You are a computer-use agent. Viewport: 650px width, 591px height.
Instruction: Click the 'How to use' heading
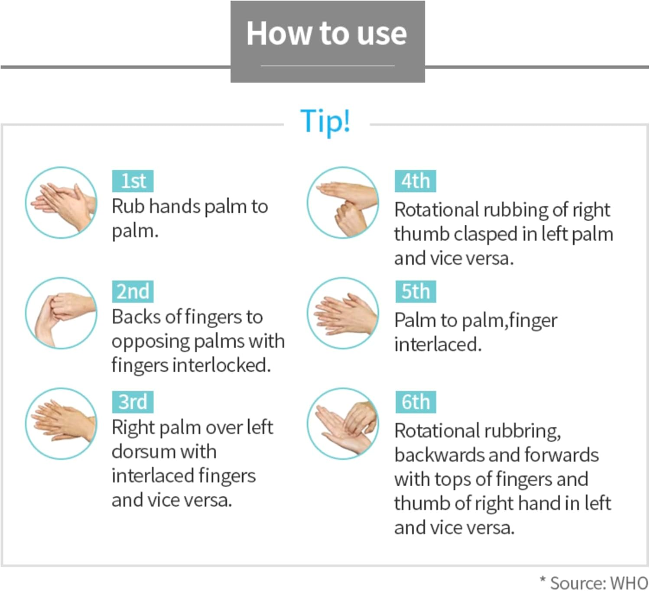[327, 33]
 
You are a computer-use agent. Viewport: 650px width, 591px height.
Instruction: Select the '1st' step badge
[133, 181]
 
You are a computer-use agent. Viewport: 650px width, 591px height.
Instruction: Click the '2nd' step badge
[133, 291]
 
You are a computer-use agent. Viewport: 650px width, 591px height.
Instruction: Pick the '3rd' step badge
[133, 401]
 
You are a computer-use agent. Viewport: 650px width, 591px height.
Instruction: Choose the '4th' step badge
[415, 181]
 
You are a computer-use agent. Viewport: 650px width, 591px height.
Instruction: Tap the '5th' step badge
[416, 291]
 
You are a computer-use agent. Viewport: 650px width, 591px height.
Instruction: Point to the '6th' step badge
[416, 401]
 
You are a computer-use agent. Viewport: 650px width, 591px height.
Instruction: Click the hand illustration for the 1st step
[61, 202]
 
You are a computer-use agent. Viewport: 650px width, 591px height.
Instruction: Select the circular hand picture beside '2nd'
[61, 313]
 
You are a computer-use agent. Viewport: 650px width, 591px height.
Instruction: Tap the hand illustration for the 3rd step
[61, 423]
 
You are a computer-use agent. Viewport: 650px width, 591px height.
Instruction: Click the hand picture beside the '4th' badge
[343, 202]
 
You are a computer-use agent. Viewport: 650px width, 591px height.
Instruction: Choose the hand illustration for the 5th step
[343, 313]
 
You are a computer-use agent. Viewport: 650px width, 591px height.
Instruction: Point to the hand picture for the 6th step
[343, 423]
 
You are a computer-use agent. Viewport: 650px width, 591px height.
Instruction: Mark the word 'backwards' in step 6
[439, 455]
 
